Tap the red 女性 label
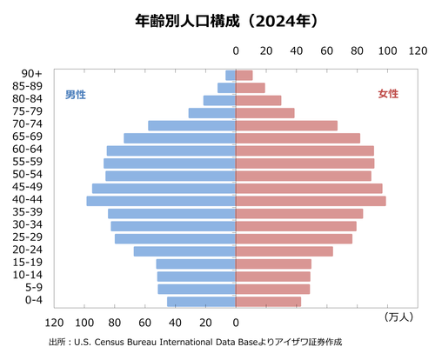[x=388, y=94]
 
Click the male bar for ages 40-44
[x=161, y=201]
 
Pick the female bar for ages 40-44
[x=311, y=201]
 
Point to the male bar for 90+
[x=231, y=76]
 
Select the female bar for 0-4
[x=268, y=302]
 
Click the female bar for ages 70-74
[x=286, y=126]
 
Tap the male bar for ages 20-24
[x=184, y=251]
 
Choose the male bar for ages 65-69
[x=180, y=138]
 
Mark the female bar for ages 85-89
[x=251, y=88]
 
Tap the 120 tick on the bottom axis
[x=56, y=319]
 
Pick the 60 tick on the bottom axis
[x=145, y=319]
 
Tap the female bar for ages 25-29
[x=294, y=238]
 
